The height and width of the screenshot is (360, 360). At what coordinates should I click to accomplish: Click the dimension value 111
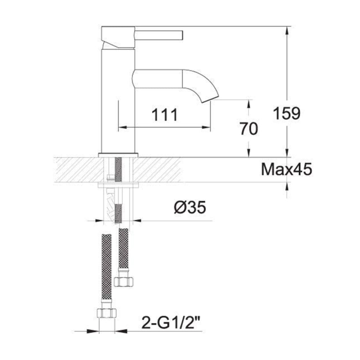click(x=165, y=115)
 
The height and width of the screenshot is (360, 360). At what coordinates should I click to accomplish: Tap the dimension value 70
click(x=249, y=129)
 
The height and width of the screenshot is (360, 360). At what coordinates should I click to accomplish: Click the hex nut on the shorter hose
click(x=123, y=282)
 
